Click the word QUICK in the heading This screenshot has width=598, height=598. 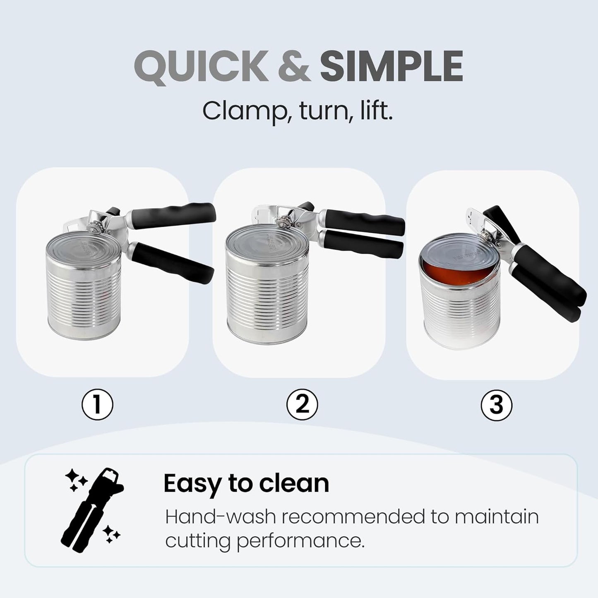(202, 66)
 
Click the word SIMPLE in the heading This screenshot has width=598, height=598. (391, 66)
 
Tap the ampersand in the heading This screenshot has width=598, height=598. (294, 66)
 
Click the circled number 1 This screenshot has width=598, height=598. (97, 405)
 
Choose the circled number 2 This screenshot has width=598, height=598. (302, 404)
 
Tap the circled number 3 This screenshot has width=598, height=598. (496, 405)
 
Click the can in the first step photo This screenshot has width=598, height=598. (84, 290)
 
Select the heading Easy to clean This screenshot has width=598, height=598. (246, 483)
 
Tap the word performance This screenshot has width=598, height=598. (300, 541)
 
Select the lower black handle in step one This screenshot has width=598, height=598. (174, 262)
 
